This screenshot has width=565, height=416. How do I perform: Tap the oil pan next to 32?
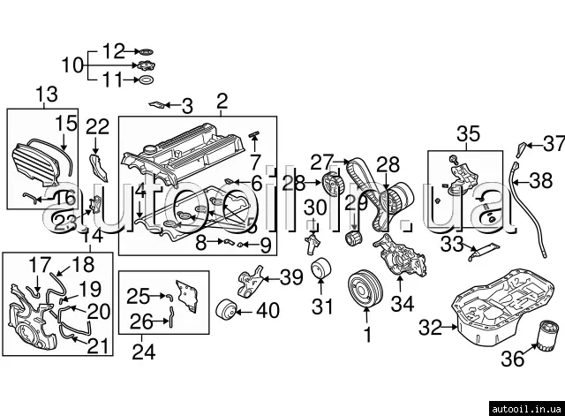click(x=489, y=310)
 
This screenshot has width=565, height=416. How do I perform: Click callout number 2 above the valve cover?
click(x=221, y=100)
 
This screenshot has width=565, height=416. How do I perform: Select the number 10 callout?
click(x=72, y=64)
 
